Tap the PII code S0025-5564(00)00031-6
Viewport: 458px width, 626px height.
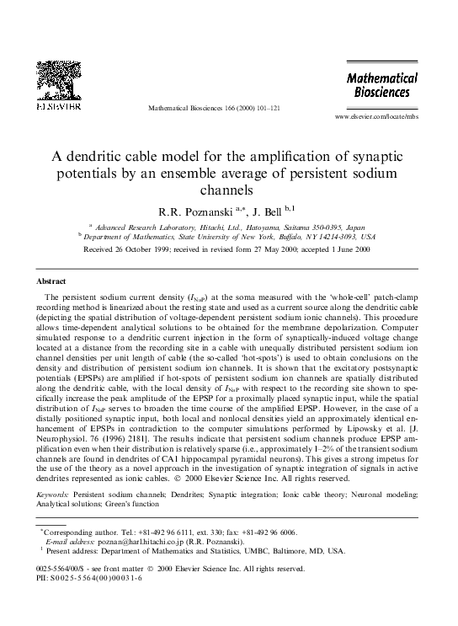(x=93, y=580)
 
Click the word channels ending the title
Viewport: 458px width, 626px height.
(x=229, y=190)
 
